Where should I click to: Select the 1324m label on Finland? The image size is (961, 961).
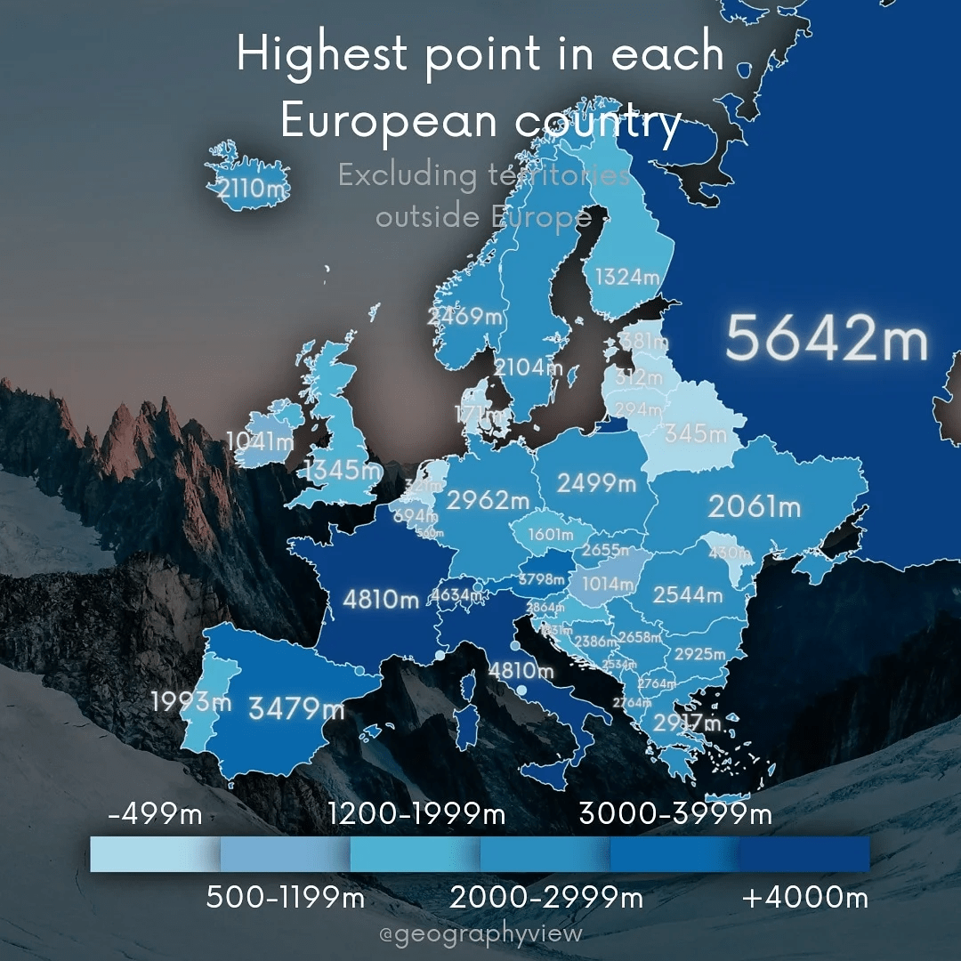point(627,277)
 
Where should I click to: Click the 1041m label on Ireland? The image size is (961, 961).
point(260,440)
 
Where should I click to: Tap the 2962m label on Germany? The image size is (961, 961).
point(488,501)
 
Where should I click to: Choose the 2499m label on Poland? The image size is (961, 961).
point(597,483)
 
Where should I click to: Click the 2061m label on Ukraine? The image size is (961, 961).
point(755,507)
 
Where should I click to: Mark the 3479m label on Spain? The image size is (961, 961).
point(296,709)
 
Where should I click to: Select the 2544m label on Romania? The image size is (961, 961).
point(688,594)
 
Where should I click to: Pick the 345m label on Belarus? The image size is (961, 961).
point(696,434)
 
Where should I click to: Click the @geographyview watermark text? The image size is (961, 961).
point(480,934)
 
